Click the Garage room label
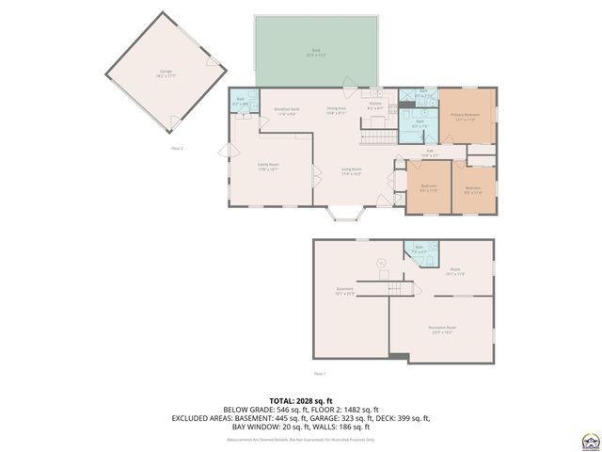[166, 72]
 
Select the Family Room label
[269, 167]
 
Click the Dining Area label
[337, 110]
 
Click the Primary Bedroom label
[467, 118]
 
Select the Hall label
[428, 152]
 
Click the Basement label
[345, 291]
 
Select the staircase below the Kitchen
[376, 137]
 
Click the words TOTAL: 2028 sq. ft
[301, 401]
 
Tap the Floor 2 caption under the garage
[176, 149]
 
